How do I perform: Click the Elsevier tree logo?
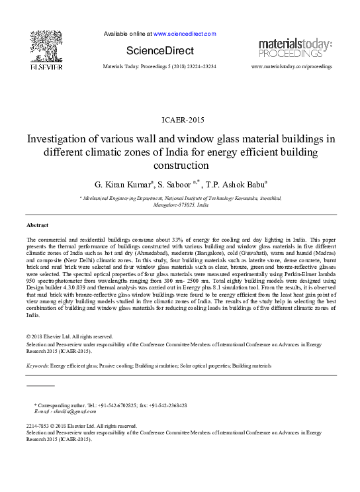46,49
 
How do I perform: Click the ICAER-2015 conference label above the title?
181,120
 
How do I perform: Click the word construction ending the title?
181,165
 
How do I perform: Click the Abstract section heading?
38,225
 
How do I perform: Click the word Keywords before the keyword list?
36,366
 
